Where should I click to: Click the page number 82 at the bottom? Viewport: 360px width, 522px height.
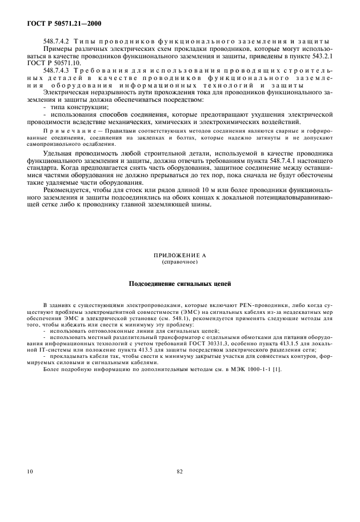point(179,472)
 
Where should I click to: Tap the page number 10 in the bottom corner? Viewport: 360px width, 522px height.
point(29,472)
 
